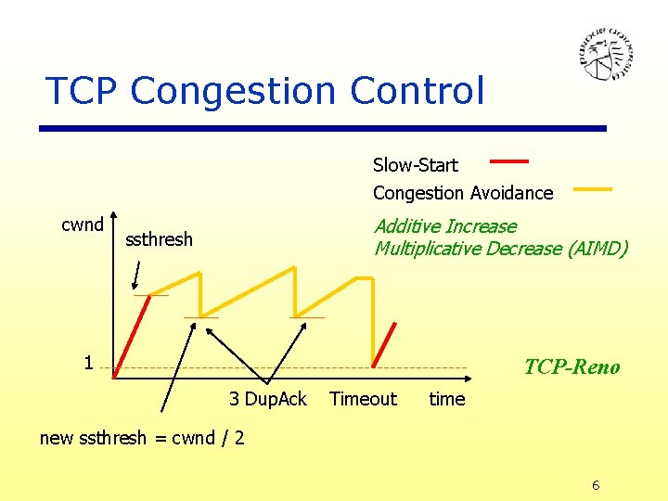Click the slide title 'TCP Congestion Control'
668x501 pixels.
pos(265,91)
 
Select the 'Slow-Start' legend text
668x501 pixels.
pos(415,165)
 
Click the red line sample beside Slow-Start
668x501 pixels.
pos(508,161)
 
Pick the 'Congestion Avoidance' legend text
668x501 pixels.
pos(462,193)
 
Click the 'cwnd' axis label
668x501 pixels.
pos(82,225)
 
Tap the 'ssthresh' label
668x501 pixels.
pos(159,239)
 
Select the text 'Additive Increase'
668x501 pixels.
pos(444,226)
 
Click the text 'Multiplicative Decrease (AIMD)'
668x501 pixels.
pos(500,249)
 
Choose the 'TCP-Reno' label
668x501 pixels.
pos(572,366)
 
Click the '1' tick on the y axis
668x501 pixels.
pos(88,363)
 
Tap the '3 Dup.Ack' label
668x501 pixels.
pos(267,399)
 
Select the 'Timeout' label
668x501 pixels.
pos(363,399)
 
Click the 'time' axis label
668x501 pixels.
pos(446,399)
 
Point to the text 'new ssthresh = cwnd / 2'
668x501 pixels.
pos(142,437)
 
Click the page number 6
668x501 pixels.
pos(596,486)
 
